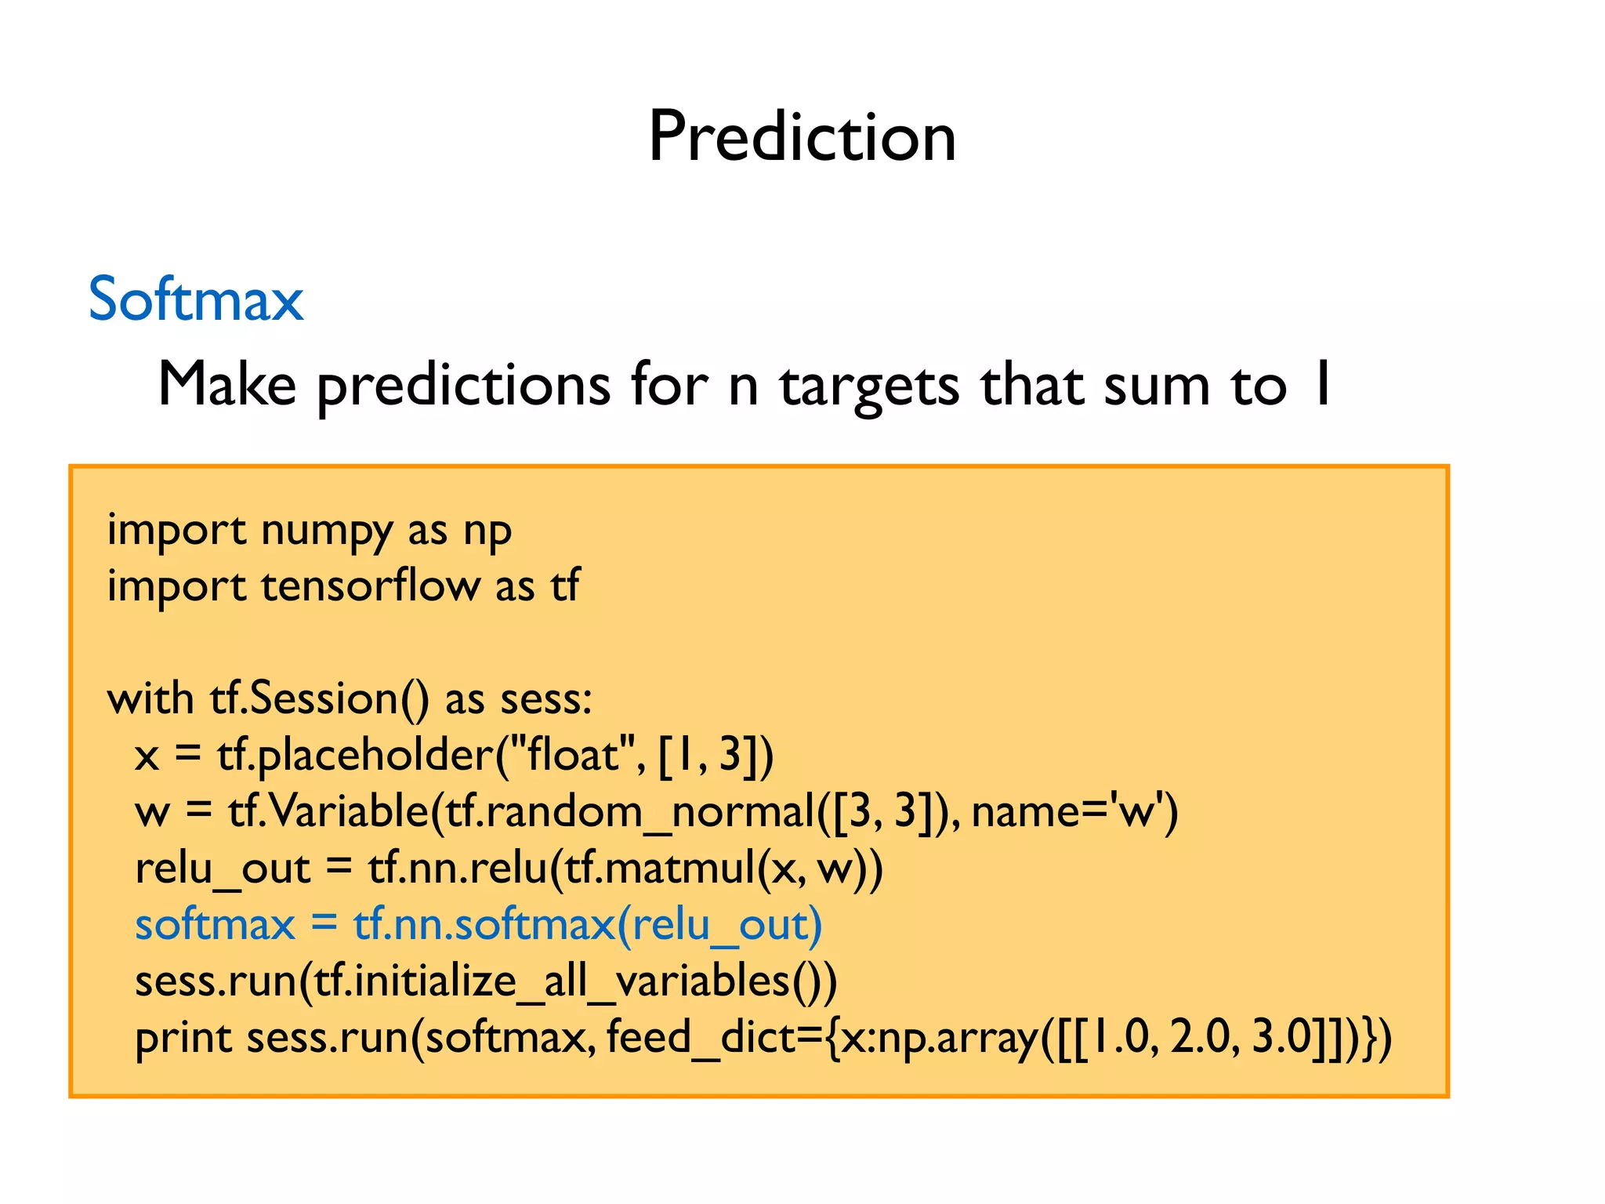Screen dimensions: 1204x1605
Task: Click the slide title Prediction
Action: tap(802, 137)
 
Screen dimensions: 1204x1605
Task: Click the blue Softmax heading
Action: tap(196, 299)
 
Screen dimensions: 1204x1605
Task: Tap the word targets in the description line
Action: tap(868, 386)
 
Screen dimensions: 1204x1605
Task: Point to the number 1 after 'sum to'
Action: tap(1322, 384)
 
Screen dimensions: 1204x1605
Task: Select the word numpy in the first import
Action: tap(326, 531)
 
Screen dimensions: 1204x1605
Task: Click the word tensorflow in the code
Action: tap(370, 586)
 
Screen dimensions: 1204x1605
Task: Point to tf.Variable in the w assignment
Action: tap(328, 811)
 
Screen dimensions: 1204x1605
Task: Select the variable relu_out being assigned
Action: tap(223, 869)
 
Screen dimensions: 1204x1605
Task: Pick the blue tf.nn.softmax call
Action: tap(484, 925)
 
